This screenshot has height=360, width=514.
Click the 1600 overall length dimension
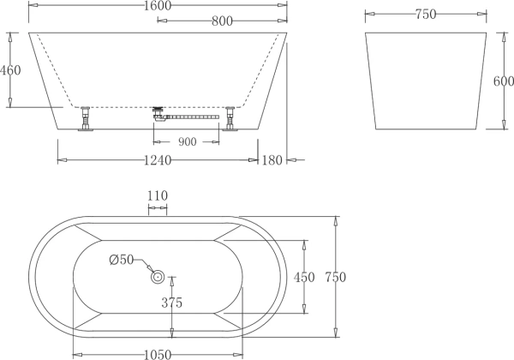(x=158, y=6)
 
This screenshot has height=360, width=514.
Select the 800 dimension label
(x=222, y=21)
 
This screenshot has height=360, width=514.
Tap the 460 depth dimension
(x=10, y=70)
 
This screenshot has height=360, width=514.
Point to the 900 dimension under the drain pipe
(x=187, y=141)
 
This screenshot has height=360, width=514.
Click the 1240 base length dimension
(x=158, y=160)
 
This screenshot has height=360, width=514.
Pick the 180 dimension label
(x=272, y=160)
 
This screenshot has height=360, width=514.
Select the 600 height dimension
(x=504, y=81)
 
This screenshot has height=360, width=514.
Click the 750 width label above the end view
(x=426, y=14)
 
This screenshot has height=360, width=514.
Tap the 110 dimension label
(x=158, y=195)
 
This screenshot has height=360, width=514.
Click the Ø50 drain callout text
(x=122, y=260)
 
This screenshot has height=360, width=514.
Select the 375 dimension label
(x=172, y=303)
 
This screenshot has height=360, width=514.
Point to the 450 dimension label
(x=304, y=278)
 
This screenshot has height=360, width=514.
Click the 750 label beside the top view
(x=336, y=277)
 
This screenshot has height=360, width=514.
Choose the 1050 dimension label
(x=158, y=355)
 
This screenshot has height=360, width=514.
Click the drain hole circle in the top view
(x=158, y=277)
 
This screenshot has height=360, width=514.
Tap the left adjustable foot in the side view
(x=86, y=118)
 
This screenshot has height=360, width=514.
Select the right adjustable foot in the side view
(x=230, y=118)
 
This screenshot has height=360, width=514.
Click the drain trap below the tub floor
(x=159, y=114)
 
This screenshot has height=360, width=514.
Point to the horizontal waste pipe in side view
(x=193, y=117)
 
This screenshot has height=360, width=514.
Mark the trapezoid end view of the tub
(x=426, y=81)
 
